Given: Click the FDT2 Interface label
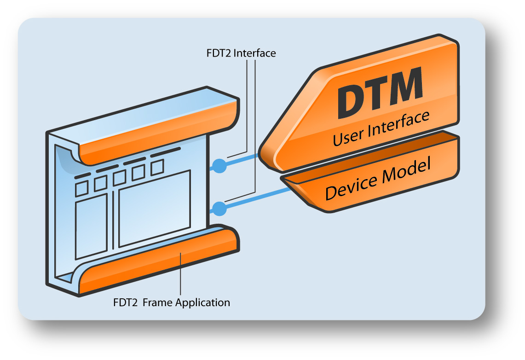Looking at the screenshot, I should (x=241, y=53).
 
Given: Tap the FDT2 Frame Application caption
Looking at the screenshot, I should (x=171, y=302).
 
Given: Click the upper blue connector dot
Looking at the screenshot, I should (x=220, y=165).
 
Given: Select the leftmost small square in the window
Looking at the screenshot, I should (x=82, y=188).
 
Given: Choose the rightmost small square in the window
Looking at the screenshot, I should (x=157, y=167).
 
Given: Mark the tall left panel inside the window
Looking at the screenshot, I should (x=91, y=229).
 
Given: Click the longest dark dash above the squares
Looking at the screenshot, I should (x=166, y=151).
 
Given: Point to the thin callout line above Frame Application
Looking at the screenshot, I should (x=180, y=276).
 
